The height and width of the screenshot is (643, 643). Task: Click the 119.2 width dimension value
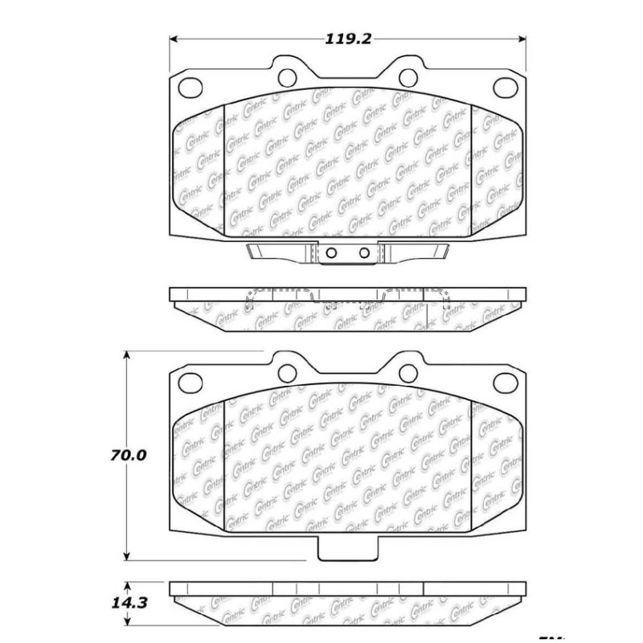pyautogui.click(x=348, y=36)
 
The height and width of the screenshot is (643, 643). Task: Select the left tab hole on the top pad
pyautogui.click(x=288, y=76)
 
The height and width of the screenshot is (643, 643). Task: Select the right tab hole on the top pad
pyautogui.click(x=408, y=76)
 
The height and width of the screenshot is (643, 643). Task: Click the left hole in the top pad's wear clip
pyautogui.click(x=330, y=252)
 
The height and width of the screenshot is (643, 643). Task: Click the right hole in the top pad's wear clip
pyautogui.click(x=364, y=252)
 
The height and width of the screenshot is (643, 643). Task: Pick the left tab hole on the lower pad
pyautogui.click(x=288, y=370)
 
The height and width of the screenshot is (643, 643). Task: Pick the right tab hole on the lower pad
pyautogui.click(x=408, y=370)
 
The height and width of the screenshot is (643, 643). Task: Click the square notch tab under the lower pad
pyautogui.click(x=346, y=551)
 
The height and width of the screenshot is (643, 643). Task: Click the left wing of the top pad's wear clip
pyautogui.click(x=277, y=251)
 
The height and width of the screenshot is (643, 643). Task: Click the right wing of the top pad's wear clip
pyautogui.click(x=418, y=251)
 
